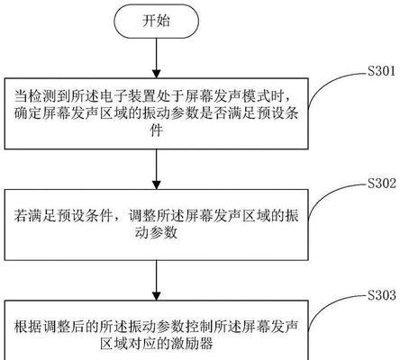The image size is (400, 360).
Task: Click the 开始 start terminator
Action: coord(156,22)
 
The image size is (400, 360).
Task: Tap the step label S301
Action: coord(382,71)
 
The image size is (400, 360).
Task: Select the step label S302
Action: coord(382,183)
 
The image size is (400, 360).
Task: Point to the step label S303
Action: coord(382,295)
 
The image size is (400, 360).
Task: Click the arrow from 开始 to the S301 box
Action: coord(156,58)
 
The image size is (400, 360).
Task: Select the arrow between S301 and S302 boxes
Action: coord(156,169)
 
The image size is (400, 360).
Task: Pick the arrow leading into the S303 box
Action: coord(156,280)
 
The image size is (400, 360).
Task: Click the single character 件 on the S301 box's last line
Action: coord(156,130)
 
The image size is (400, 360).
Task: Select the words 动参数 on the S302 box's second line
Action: coord(156,233)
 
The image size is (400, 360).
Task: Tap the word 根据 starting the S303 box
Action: coord(28,327)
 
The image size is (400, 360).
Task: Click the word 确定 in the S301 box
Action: coord(28,114)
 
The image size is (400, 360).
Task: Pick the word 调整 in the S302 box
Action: coord(141,216)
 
